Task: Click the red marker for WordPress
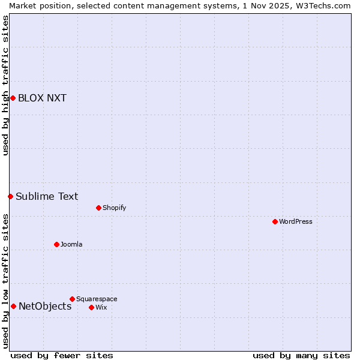(x=275, y=221)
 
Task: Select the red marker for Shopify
(x=98, y=208)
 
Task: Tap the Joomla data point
(x=56, y=244)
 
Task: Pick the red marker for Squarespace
(x=72, y=299)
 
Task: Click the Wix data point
(x=91, y=307)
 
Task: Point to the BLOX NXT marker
(x=13, y=98)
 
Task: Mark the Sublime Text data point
(x=10, y=196)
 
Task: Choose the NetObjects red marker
(x=13, y=306)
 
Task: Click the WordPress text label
(x=296, y=221)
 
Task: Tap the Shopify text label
(x=114, y=208)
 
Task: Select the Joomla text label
(x=71, y=244)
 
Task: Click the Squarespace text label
(x=97, y=299)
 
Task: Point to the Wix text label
(x=101, y=307)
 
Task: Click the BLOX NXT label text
(x=42, y=98)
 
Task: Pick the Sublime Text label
(x=47, y=196)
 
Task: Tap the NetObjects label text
(x=45, y=306)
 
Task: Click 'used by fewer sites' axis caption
(x=62, y=355)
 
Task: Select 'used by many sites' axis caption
(x=301, y=355)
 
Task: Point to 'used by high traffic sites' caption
(x=5, y=85)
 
